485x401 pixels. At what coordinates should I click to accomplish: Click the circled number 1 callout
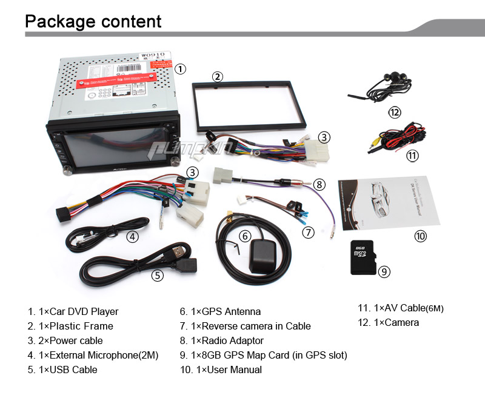[180, 69]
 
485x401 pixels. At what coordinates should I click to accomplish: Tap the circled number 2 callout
[217, 76]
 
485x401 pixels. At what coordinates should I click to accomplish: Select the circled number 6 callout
[244, 236]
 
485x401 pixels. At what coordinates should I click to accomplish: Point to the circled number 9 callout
[384, 271]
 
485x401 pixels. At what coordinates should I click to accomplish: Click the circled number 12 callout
[395, 112]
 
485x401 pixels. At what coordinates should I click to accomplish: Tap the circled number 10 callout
[420, 236]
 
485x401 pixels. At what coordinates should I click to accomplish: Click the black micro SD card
[363, 258]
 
